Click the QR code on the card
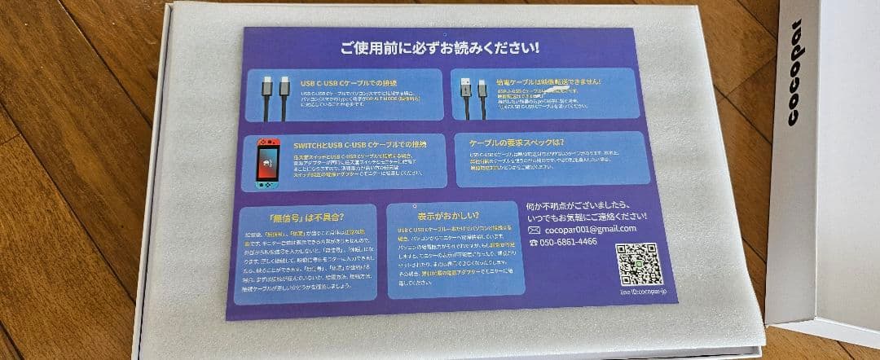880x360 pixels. tap(640, 263)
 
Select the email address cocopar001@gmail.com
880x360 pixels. tap(592, 229)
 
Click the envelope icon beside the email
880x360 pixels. tap(535, 230)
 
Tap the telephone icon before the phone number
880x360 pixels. tap(534, 242)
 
